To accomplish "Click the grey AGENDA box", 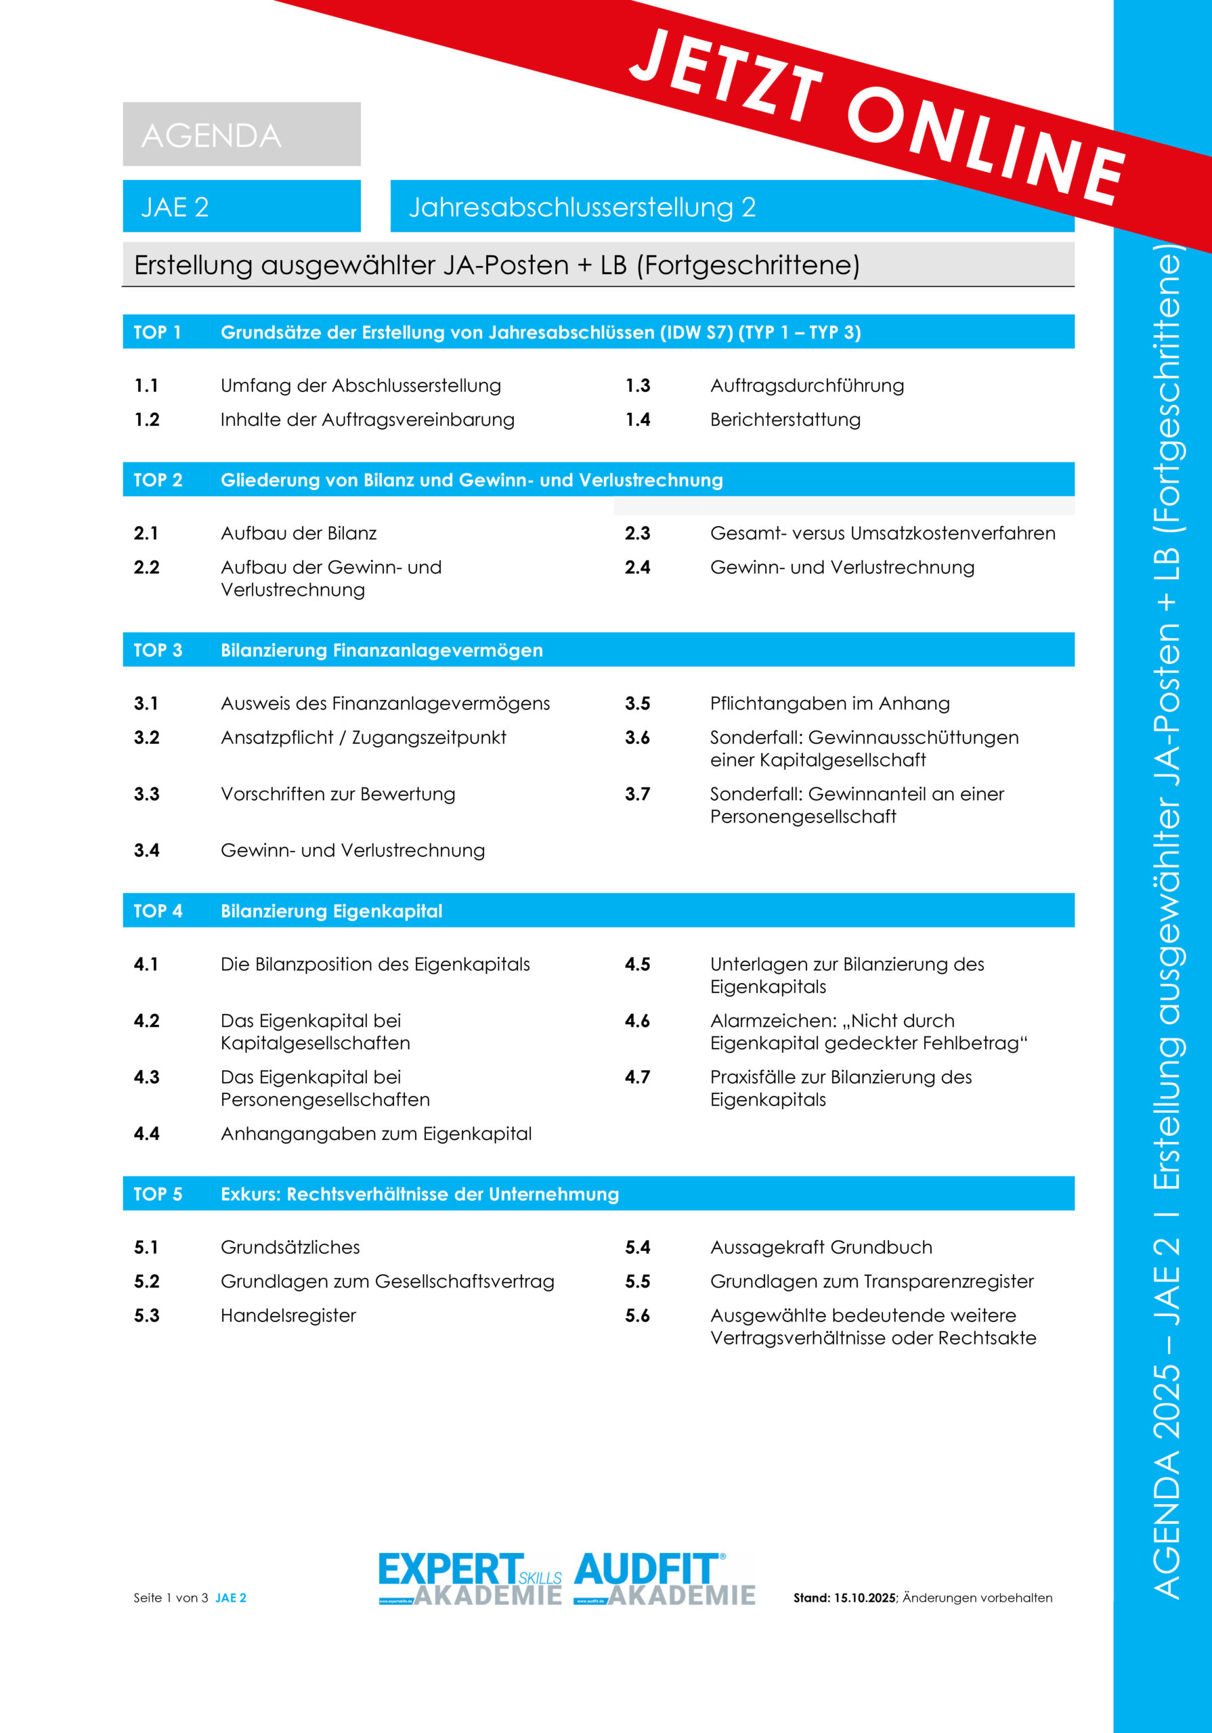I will (x=242, y=134).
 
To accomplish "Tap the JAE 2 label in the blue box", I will (x=175, y=207).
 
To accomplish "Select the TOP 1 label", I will (x=157, y=332).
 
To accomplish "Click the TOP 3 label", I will (x=158, y=650).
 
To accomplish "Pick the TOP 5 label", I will (x=158, y=1194).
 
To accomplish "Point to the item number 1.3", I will (x=637, y=386).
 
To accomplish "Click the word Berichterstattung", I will (x=785, y=420).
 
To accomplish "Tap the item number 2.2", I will (x=146, y=567).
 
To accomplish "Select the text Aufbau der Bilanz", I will (x=299, y=533).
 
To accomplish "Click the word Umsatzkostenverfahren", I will (x=952, y=533).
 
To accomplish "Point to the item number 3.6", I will (x=637, y=737).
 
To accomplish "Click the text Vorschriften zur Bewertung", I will (x=338, y=794).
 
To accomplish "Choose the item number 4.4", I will (x=146, y=1134).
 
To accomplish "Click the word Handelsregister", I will (x=288, y=1315).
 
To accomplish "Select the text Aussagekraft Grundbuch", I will (x=821, y=1247).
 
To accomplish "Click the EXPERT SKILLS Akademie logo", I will (x=470, y=1579).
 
